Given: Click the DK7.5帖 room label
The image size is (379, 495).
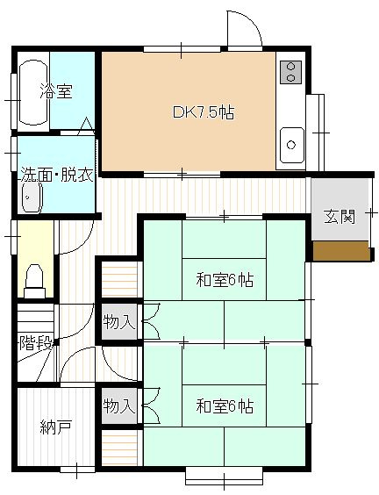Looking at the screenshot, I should click(x=202, y=112).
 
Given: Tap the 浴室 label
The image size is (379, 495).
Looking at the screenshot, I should click(x=56, y=91).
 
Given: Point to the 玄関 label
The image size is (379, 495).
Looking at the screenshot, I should click(x=340, y=217).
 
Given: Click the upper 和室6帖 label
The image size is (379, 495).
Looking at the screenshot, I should click(x=225, y=280).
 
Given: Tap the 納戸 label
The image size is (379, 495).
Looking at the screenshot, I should click(x=54, y=427).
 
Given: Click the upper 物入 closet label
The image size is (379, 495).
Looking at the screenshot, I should click(x=118, y=322).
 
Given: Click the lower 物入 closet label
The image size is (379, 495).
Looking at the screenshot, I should click(x=118, y=405).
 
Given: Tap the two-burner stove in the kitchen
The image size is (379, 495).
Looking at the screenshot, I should click(x=290, y=72).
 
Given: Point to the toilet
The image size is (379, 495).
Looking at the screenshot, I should click(x=34, y=277).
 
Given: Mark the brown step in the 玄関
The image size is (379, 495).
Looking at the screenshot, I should click(x=341, y=250).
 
